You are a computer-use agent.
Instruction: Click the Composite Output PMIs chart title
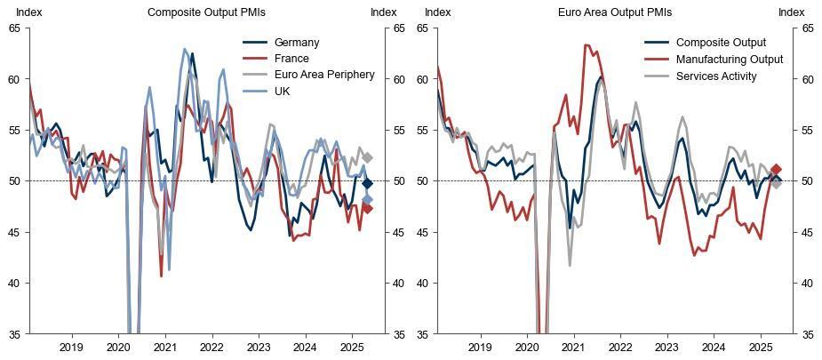(x=206, y=12)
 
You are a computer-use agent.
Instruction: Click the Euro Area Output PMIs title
(x=615, y=12)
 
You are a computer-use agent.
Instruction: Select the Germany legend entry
(x=297, y=43)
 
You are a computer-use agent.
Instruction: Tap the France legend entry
(x=291, y=59)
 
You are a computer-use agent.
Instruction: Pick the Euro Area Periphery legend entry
(x=324, y=75)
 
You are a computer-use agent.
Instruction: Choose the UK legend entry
(x=284, y=91)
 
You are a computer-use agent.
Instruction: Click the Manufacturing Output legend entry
(x=729, y=60)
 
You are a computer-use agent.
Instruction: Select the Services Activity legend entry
(x=716, y=76)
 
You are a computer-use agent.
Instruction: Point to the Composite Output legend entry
(x=721, y=43)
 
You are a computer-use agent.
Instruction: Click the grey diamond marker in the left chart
(x=368, y=157)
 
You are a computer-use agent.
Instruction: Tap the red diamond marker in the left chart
(x=368, y=209)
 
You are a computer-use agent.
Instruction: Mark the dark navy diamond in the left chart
(x=368, y=183)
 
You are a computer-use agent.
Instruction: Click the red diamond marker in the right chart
(x=776, y=169)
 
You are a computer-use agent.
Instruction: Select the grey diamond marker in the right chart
(x=776, y=183)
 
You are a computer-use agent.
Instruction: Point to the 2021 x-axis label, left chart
(x=164, y=347)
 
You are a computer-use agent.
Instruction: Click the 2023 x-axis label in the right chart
(x=666, y=347)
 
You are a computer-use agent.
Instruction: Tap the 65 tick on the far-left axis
(x=13, y=28)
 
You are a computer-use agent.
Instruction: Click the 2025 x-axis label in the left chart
(x=351, y=347)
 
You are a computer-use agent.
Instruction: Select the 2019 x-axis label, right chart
(x=479, y=347)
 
